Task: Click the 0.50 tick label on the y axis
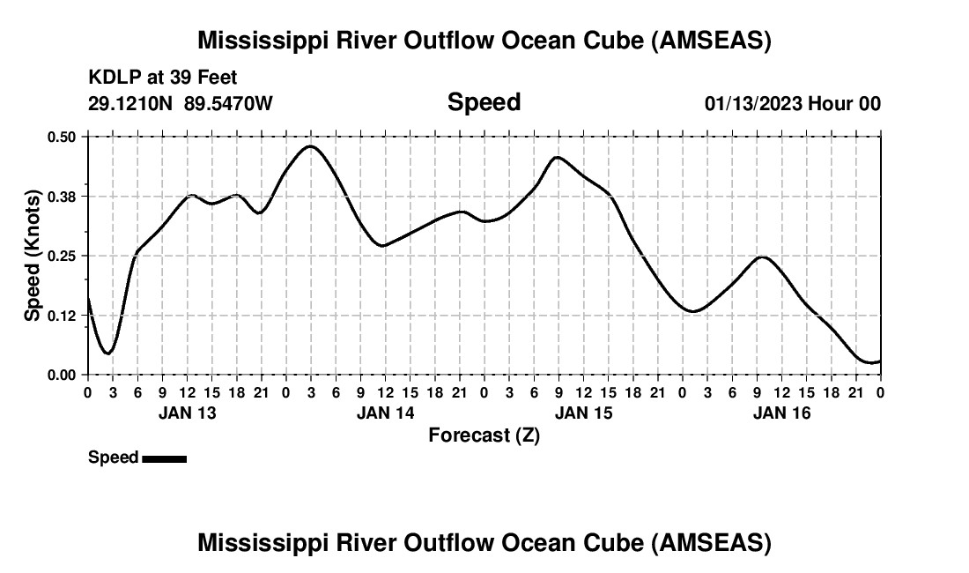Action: [x=63, y=137]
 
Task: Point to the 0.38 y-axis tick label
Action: [x=63, y=196]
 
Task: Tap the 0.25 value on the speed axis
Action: [x=63, y=256]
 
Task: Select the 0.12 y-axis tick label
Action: [x=63, y=316]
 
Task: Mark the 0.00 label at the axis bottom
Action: [x=63, y=375]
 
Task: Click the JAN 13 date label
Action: [x=187, y=413]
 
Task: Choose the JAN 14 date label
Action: [x=385, y=413]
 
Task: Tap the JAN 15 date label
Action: [x=583, y=413]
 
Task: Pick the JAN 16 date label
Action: [x=781, y=413]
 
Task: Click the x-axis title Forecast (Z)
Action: [x=484, y=435]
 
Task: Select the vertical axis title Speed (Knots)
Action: [x=33, y=255]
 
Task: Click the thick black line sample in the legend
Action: [x=164, y=458]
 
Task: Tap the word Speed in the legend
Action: [x=114, y=458]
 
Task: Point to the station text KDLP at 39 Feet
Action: [x=163, y=78]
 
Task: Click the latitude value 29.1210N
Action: [x=131, y=104]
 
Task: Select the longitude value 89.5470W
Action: [x=229, y=104]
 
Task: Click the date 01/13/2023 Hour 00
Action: [x=792, y=104]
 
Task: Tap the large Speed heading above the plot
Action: [x=484, y=102]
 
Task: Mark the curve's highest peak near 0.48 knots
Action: [x=309, y=146]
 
